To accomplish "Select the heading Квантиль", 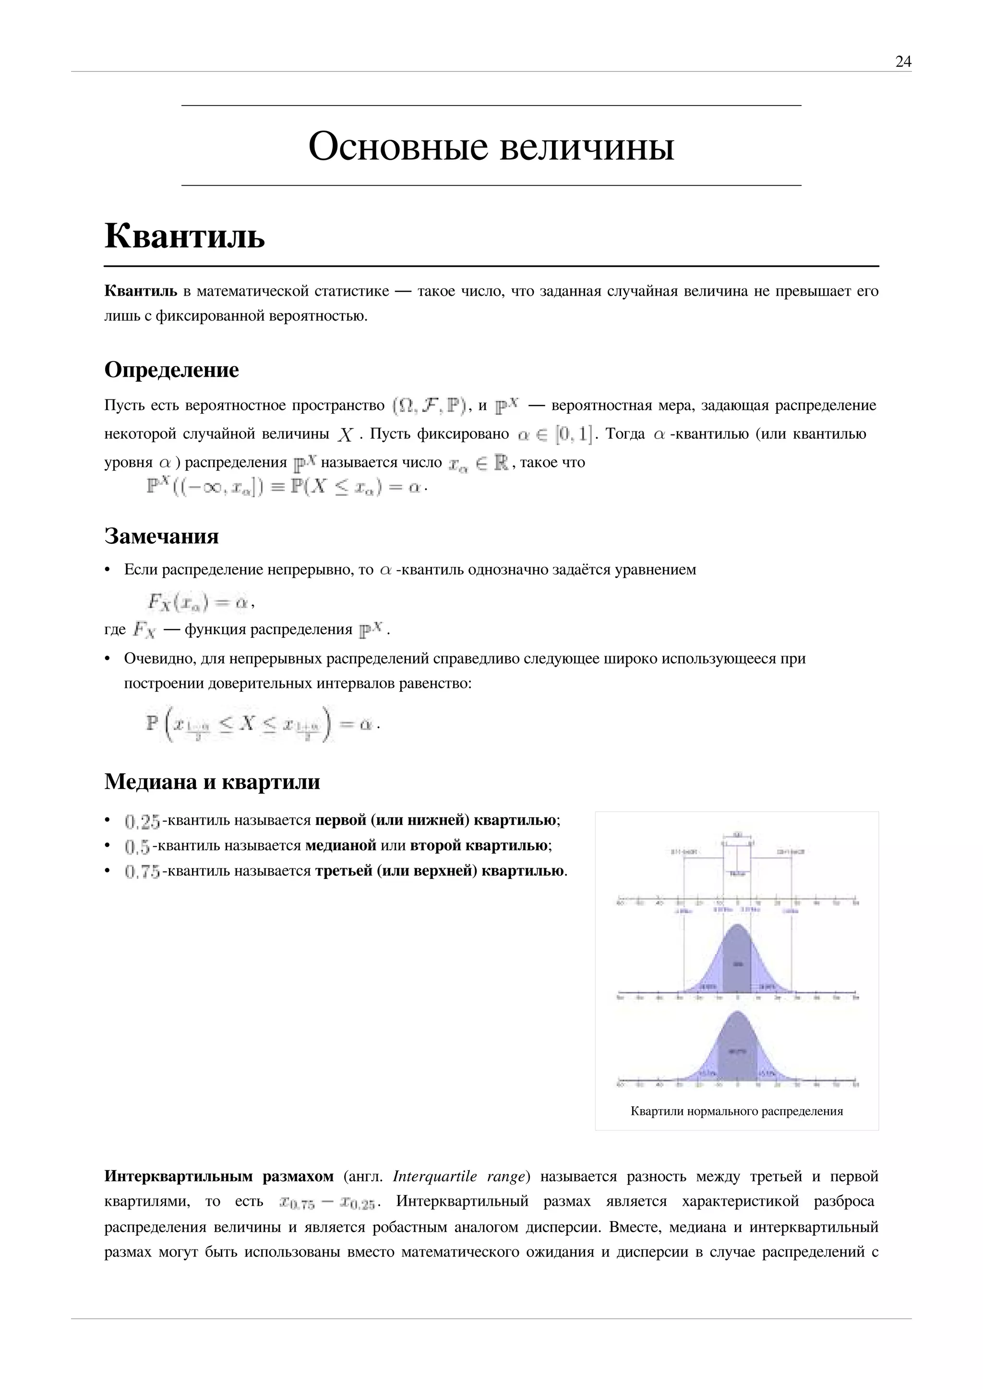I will pos(185,236).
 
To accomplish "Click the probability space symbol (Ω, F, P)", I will pos(429,405).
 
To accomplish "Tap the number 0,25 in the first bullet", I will pos(142,822).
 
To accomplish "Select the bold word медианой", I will pos(341,845).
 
